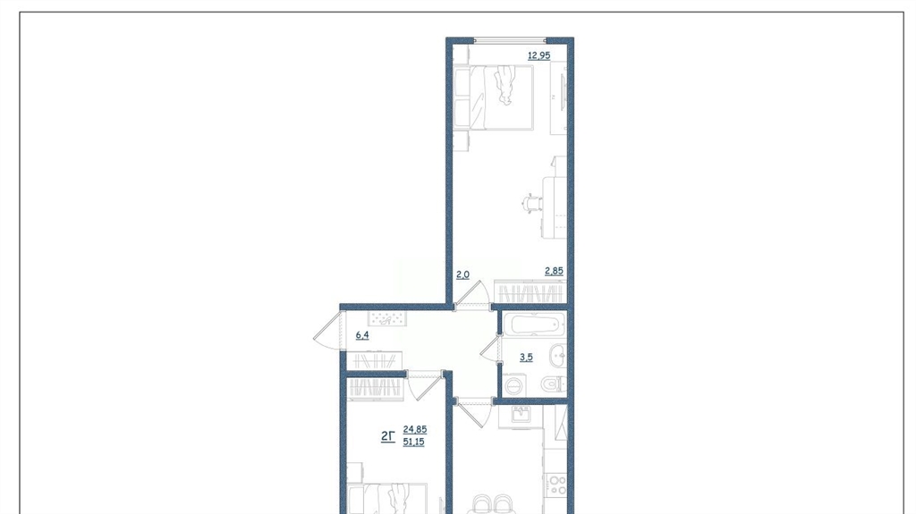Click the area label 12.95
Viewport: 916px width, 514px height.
[539, 56]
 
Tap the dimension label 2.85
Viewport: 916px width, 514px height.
[554, 271]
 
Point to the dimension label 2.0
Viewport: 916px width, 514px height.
[462, 274]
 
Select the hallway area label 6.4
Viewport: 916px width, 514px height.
[362, 336]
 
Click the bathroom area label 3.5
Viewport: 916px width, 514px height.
[526, 358]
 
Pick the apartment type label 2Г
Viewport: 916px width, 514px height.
[388, 435]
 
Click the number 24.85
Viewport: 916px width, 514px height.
[415, 429]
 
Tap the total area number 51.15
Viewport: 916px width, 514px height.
[413, 442]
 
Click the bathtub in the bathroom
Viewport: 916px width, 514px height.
[535, 324]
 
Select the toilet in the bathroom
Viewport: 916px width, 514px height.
[553, 383]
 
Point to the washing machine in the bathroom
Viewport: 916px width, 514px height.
[514, 385]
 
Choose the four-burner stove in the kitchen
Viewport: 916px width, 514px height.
[556, 485]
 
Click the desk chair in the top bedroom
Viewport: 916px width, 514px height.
[531, 204]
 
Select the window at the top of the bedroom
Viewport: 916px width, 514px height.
[509, 40]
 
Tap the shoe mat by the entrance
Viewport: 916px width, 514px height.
[386, 319]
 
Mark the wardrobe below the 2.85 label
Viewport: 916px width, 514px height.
[530, 291]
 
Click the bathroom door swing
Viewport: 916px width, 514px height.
[491, 351]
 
